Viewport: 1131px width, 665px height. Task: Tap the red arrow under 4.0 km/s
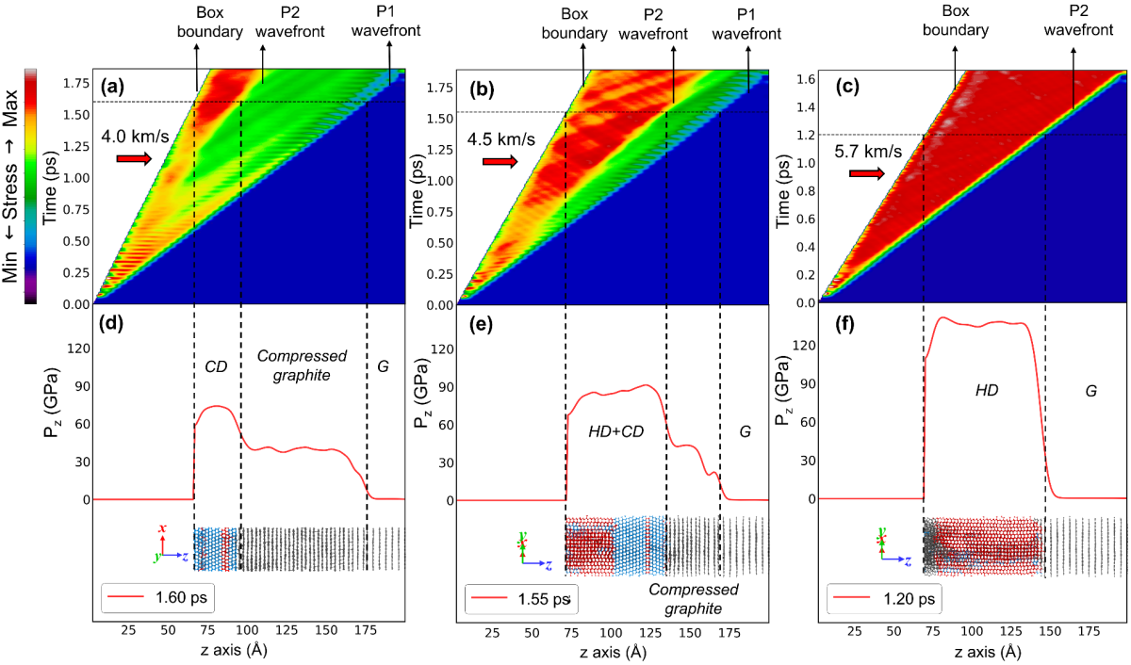[x=133, y=158]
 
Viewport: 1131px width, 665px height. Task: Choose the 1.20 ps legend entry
[x=887, y=598]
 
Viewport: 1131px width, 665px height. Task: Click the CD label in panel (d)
[x=217, y=363]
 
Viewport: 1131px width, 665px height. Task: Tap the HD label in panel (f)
[x=986, y=389]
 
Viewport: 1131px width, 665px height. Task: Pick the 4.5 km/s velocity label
[x=500, y=139]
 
